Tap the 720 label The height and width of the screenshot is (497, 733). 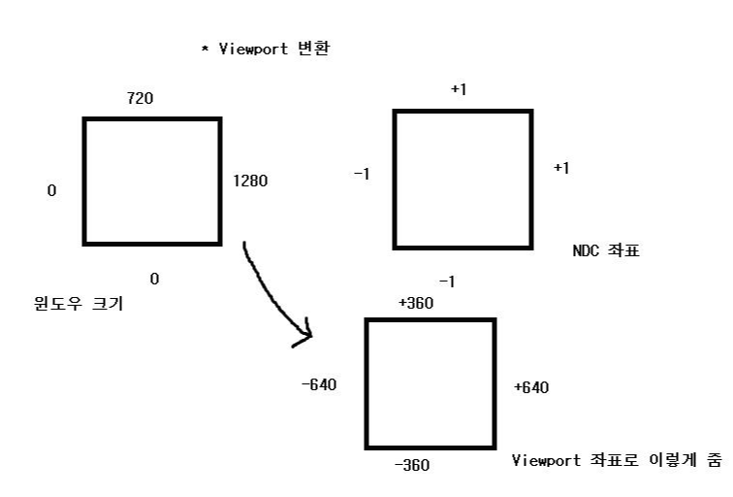point(141,98)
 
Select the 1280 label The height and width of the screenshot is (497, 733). point(249,180)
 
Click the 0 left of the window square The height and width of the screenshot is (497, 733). point(51,190)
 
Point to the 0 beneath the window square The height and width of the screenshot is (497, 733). point(154,280)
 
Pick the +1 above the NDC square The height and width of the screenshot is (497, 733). point(460,89)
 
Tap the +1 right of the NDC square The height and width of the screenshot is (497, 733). point(561,168)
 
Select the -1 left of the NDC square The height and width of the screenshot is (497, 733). point(361,174)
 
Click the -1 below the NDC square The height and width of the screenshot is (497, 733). point(447,282)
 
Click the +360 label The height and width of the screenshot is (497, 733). point(416,302)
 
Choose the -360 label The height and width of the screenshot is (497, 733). point(411,465)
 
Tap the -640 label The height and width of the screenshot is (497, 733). point(319,385)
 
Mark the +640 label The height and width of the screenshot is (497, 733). point(531,387)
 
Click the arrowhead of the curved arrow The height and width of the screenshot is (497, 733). point(303,336)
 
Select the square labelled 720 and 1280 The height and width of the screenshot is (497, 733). point(152,181)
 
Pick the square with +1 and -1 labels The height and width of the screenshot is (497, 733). point(462,180)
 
